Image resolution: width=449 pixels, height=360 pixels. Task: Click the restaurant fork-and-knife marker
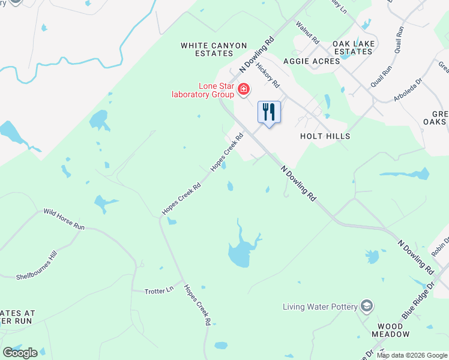(x=269, y=112)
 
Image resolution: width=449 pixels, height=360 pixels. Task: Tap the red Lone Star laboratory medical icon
(x=244, y=90)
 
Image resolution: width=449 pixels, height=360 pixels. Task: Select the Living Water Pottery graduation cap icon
(x=367, y=307)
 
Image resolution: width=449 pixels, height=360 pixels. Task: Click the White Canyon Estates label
(x=214, y=49)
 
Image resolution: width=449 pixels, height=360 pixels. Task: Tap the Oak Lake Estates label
(x=354, y=47)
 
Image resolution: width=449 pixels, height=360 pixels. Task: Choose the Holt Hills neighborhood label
(x=325, y=136)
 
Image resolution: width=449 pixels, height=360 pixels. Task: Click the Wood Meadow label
(x=390, y=329)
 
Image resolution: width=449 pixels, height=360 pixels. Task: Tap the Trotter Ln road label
(x=159, y=290)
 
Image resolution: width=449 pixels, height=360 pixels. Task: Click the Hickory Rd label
(x=267, y=74)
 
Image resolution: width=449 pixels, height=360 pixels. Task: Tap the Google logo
(x=20, y=352)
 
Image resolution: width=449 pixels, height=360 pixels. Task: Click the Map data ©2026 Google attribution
(x=412, y=355)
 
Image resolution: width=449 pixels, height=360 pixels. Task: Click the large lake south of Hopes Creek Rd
(x=240, y=252)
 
